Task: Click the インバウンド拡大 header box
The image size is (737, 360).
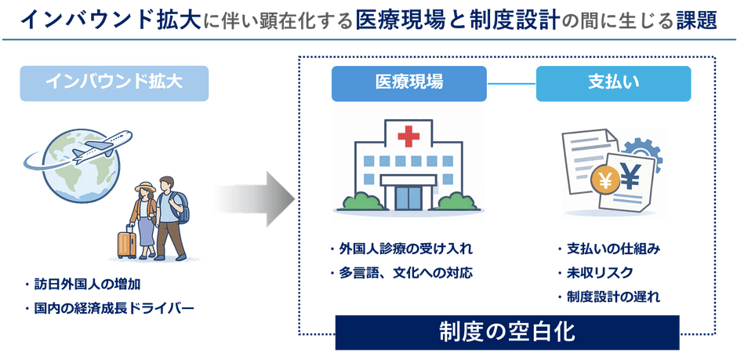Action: [x=114, y=82]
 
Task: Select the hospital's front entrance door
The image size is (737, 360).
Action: [x=408, y=197]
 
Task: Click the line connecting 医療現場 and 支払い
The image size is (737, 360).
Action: [x=511, y=83]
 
